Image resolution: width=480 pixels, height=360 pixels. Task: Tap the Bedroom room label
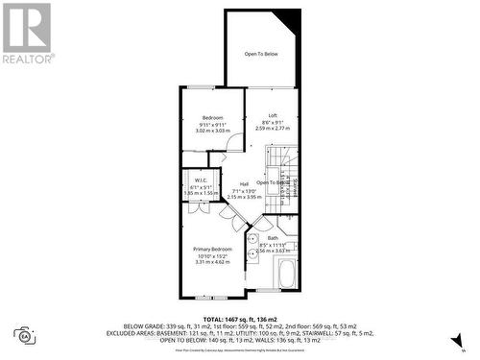tap(211, 117)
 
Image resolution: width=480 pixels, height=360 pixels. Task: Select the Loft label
tap(273, 115)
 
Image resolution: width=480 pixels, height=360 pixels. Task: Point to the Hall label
tap(244, 183)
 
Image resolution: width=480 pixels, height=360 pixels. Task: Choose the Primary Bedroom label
tap(213, 248)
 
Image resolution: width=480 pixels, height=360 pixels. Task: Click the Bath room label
tap(273, 238)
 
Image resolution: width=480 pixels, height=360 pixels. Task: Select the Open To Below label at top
tap(261, 54)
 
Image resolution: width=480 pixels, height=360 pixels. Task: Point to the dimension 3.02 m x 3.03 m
tap(211, 130)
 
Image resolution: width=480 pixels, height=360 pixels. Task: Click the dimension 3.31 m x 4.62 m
tap(213, 261)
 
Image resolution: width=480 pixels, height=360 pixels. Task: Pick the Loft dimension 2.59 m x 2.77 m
tap(273, 128)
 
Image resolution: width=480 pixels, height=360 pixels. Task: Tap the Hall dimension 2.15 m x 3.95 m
tap(244, 197)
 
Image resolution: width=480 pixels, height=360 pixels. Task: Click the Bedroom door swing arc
tap(235, 146)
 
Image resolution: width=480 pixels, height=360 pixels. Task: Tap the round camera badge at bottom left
tap(23, 336)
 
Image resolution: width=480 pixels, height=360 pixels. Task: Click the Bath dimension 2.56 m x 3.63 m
tap(273, 251)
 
